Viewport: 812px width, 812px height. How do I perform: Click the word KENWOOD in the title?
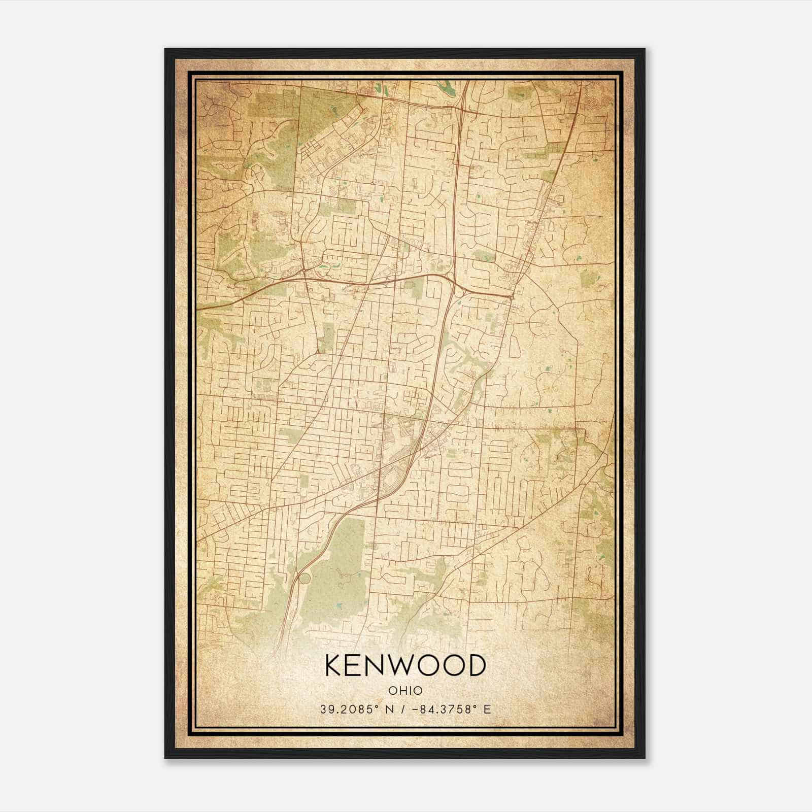click(405, 665)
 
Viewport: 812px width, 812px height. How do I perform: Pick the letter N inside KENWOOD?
click(378, 665)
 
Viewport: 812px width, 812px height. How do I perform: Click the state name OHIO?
click(405, 691)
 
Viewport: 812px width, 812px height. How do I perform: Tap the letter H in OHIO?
click(401, 691)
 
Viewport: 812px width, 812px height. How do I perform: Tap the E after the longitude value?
click(487, 709)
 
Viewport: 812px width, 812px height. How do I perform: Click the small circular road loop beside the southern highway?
click(304, 579)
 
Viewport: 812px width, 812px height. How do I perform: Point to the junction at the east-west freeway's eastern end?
click(513, 294)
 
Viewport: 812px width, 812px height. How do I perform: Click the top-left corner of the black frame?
click(165, 49)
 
